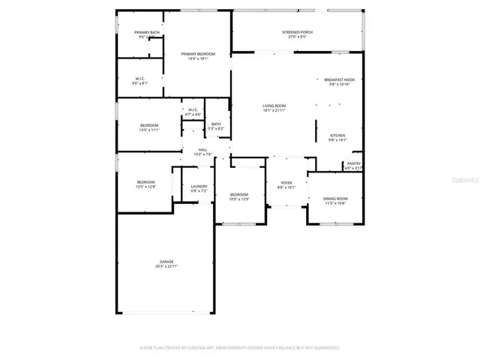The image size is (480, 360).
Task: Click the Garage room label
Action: (x=166, y=262)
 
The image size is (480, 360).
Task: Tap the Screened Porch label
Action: (x=297, y=32)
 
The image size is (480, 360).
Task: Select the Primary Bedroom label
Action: (x=198, y=54)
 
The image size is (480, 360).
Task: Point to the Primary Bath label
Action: (x=147, y=32)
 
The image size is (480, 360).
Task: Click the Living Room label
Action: (x=274, y=106)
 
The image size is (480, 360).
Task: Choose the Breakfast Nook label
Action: (x=340, y=79)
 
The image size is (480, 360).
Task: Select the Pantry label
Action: (x=353, y=163)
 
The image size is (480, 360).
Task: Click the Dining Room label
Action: (x=335, y=199)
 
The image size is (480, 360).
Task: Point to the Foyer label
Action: (x=286, y=182)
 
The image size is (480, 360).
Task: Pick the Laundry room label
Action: (x=199, y=186)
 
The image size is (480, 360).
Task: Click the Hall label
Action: (x=202, y=149)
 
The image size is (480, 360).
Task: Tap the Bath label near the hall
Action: (x=216, y=124)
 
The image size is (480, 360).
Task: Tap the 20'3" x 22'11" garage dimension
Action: (x=166, y=266)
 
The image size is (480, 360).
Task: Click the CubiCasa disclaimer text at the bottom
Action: (x=240, y=348)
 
